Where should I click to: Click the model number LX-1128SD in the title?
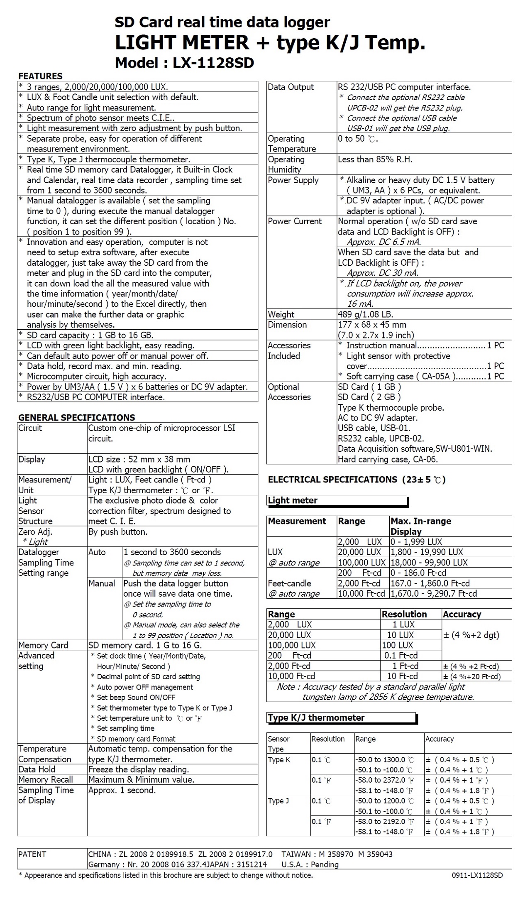[x=213, y=63]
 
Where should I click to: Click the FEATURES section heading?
[x=40, y=76]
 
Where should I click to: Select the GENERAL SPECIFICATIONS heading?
[x=76, y=417]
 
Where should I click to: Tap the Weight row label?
[x=281, y=314]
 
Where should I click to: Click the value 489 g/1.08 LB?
[x=365, y=314]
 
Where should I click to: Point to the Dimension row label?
[x=287, y=325]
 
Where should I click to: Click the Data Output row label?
[x=291, y=87]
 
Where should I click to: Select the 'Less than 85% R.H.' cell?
[x=375, y=159]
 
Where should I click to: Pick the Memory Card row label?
[x=43, y=645]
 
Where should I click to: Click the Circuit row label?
[x=30, y=428]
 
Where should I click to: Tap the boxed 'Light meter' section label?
[x=293, y=500]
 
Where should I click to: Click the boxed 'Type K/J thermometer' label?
[x=316, y=717]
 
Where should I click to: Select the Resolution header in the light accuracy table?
[x=404, y=614]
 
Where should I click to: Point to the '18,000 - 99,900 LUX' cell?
[x=429, y=563]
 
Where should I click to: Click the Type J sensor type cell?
[x=278, y=801]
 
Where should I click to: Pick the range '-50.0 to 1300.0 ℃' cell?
[x=384, y=760]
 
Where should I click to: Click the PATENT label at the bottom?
[x=32, y=854]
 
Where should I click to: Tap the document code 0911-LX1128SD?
[x=477, y=875]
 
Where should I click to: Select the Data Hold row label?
[x=37, y=769]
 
